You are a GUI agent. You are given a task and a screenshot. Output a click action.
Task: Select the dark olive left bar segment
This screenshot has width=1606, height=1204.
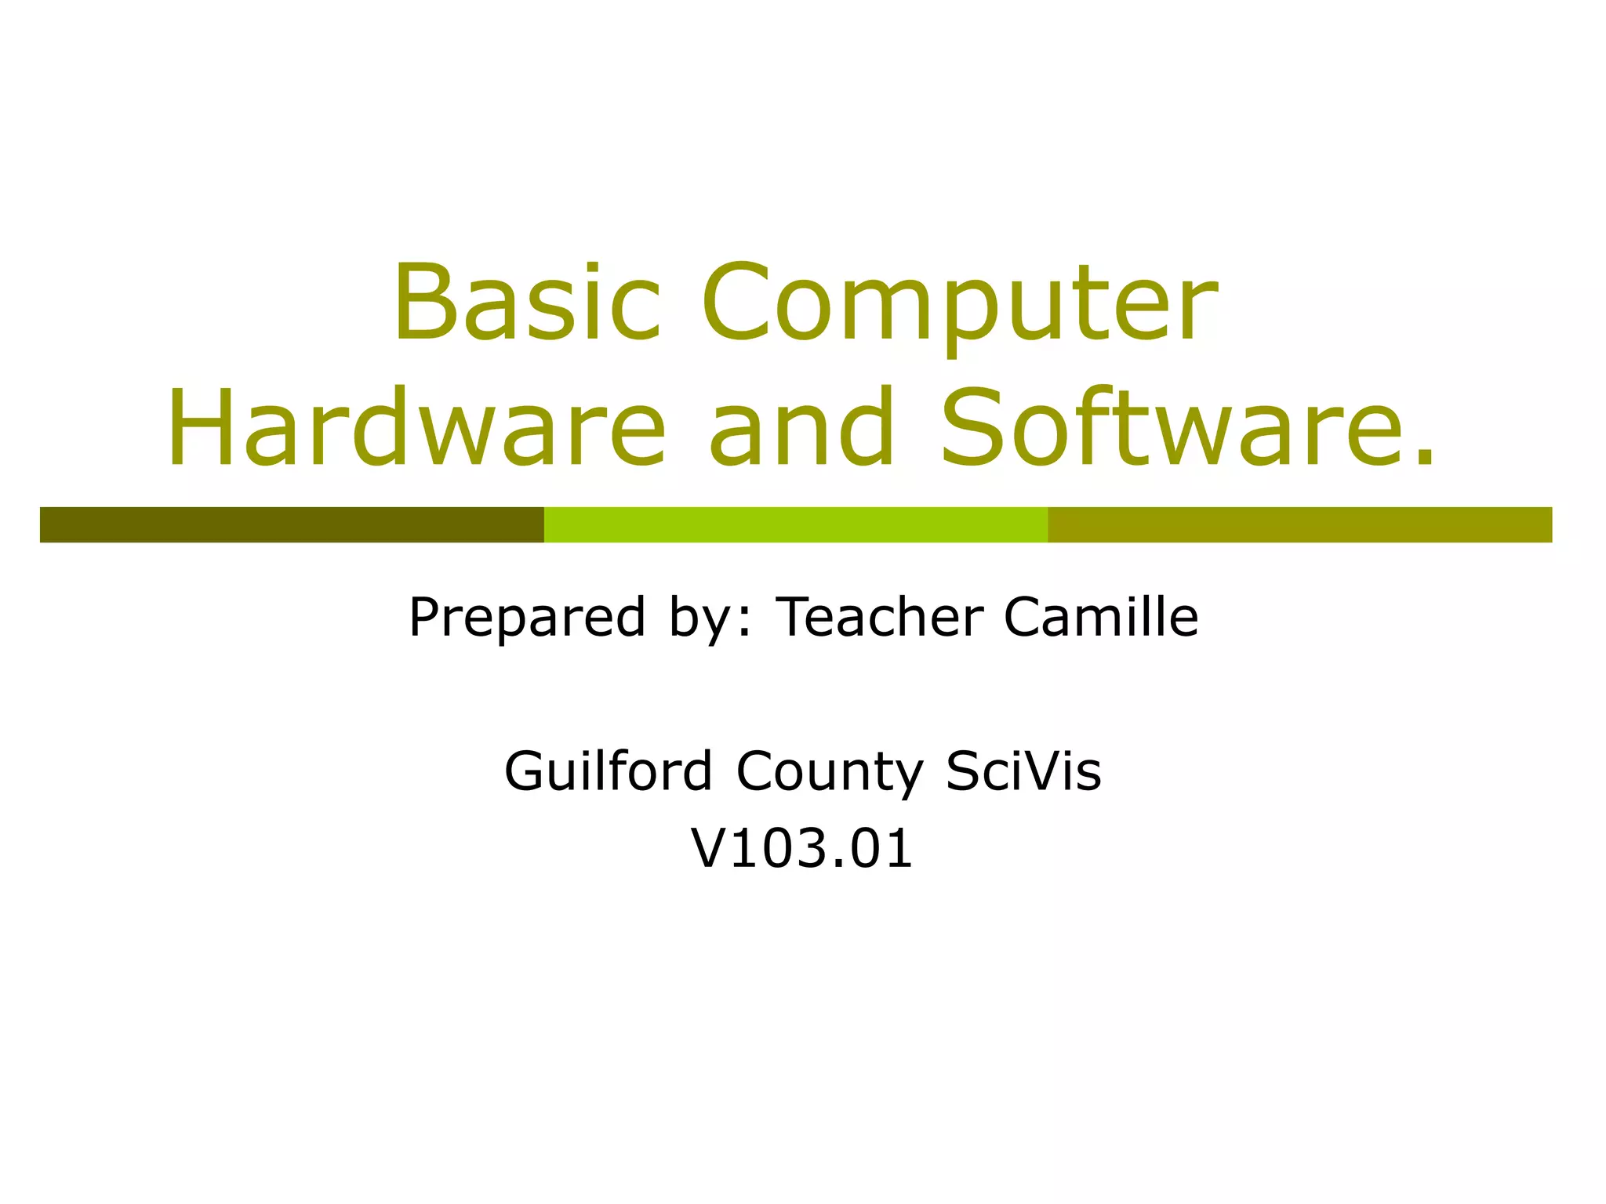click(x=292, y=524)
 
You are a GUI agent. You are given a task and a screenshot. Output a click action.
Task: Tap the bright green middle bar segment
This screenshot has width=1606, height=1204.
click(x=795, y=524)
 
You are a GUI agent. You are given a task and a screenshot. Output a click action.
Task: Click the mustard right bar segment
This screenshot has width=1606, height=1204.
click(x=1299, y=524)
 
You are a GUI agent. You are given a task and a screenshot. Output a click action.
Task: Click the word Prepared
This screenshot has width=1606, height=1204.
click(x=527, y=618)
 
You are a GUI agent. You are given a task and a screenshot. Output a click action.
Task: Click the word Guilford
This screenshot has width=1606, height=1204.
click(x=608, y=771)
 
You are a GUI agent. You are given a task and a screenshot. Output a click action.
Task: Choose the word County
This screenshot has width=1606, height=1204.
click(x=830, y=773)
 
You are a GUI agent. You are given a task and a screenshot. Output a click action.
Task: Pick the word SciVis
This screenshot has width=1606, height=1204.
click(x=1023, y=771)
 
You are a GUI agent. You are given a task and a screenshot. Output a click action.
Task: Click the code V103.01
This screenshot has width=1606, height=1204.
click(x=801, y=848)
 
